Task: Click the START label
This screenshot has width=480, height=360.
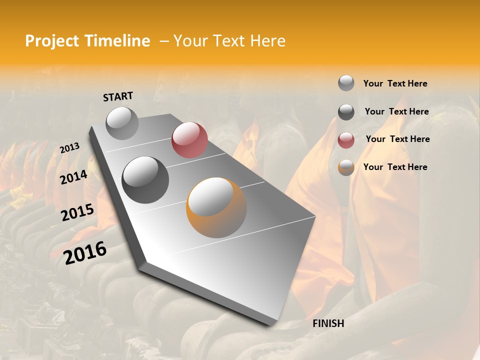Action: coord(118,96)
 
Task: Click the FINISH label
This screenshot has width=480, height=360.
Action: coord(328,323)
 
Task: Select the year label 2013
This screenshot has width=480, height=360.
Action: coord(69,147)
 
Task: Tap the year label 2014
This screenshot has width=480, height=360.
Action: coord(73,177)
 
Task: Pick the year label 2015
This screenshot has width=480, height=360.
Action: coord(77,212)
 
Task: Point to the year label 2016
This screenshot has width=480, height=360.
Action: coord(85,253)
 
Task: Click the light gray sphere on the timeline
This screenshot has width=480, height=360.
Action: coord(122,123)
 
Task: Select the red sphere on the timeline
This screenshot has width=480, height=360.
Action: coord(189,139)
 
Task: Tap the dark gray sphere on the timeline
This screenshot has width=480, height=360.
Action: coord(145,180)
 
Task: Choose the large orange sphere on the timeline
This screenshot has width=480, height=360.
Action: coord(216,207)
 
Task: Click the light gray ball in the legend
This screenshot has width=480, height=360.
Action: coord(346,83)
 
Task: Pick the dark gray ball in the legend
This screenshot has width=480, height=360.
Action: coord(346,112)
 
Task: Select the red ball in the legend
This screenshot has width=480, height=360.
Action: coord(346,140)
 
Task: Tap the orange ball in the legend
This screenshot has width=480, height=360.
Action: coord(346,167)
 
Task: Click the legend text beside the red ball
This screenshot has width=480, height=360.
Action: coord(397,139)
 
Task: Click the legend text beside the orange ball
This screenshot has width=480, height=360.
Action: coord(395,167)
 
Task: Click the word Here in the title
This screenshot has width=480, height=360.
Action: coord(267,41)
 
